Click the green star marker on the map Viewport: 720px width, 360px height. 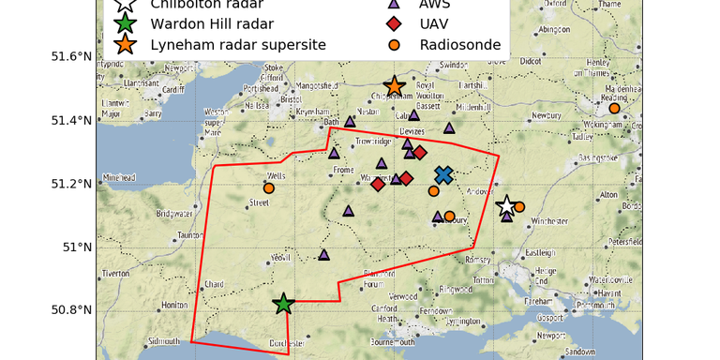tap(283, 303)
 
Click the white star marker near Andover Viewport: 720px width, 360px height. tap(506, 205)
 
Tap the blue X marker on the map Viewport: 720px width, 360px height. tap(443, 174)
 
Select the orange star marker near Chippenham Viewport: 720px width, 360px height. tap(395, 86)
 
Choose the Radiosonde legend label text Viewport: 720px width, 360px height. tap(460, 44)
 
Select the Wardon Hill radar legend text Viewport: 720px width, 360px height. tap(207, 22)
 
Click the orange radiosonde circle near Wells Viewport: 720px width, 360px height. tap(268, 188)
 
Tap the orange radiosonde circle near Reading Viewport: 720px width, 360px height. tap(614, 109)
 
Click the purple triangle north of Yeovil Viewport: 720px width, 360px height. tap(324, 254)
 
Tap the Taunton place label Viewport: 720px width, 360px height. tap(190, 235)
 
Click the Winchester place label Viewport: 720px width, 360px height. tap(549, 221)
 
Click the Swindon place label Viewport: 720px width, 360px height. tap(453, 65)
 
